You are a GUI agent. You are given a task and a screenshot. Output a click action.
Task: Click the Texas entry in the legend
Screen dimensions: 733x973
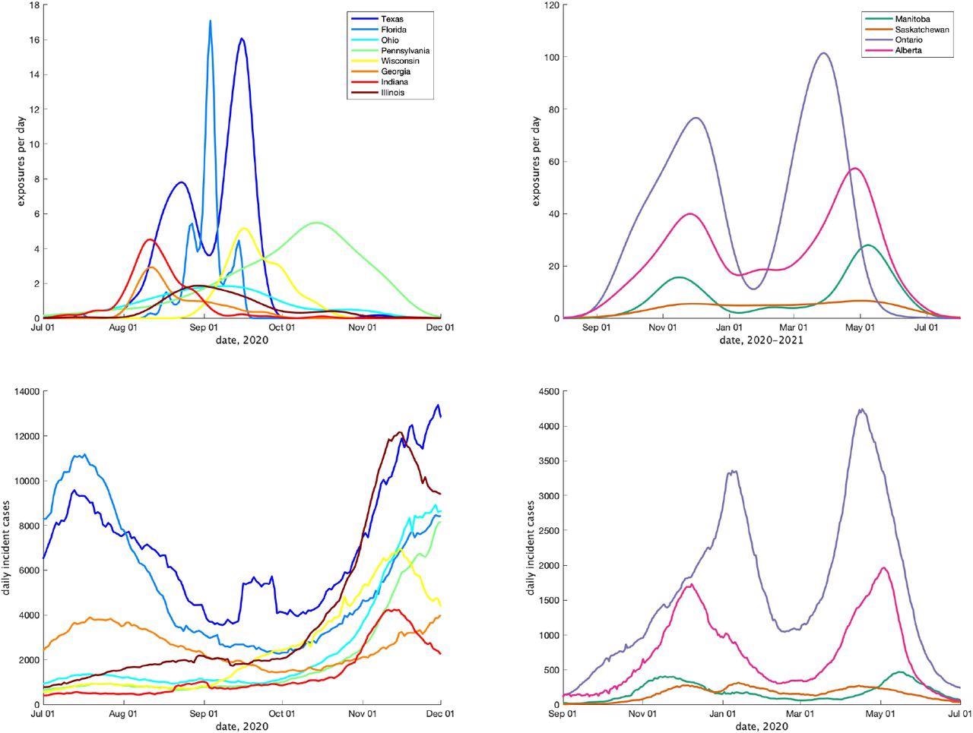(x=392, y=18)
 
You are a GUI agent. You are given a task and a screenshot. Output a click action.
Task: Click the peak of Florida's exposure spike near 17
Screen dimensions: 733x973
(x=210, y=21)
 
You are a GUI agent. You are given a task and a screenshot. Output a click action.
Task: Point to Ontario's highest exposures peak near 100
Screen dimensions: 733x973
(x=823, y=53)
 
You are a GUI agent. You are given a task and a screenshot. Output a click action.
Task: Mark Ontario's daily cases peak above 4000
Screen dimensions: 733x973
(x=860, y=410)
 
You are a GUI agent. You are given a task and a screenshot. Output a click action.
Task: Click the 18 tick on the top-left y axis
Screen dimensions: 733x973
(x=33, y=5)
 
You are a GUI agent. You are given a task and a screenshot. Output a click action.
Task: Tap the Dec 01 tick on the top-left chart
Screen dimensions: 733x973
(x=440, y=328)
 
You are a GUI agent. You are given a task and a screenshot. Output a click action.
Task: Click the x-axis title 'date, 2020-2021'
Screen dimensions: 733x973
(x=761, y=340)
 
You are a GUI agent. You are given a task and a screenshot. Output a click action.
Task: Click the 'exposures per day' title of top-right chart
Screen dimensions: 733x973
(x=537, y=161)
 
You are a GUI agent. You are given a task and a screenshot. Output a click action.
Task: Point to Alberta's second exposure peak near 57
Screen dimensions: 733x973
(x=854, y=168)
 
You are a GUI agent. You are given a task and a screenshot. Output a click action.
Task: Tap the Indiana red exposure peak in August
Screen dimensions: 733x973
(x=150, y=239)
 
